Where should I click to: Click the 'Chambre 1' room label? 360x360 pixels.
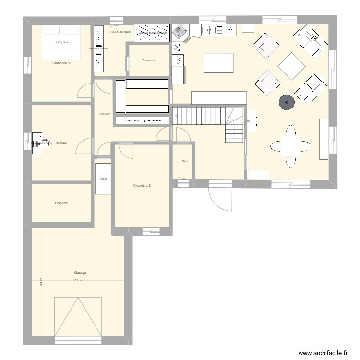click(61, 63)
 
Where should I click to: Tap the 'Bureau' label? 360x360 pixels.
click(61, 143)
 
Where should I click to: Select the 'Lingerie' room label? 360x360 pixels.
click(61, 203)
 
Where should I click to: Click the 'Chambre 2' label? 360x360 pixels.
click(142, 186)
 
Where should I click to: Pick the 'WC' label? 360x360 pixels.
click(185, 162)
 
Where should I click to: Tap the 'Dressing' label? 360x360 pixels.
click(149, 60)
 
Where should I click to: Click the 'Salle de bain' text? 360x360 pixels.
click(120, 32)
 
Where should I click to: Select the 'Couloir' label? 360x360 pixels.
click(104, 114)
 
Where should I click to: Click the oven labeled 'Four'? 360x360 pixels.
click(178, 60)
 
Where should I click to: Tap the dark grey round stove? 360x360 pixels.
click(287, 101)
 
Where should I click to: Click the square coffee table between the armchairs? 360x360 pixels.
click(291, 66)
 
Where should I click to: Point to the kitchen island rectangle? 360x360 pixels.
click(219, 63)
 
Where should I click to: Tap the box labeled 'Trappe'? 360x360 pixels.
click(103, 179)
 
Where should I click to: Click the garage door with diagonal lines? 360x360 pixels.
click(78, 316)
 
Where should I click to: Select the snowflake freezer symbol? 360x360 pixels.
click(177, 48)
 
